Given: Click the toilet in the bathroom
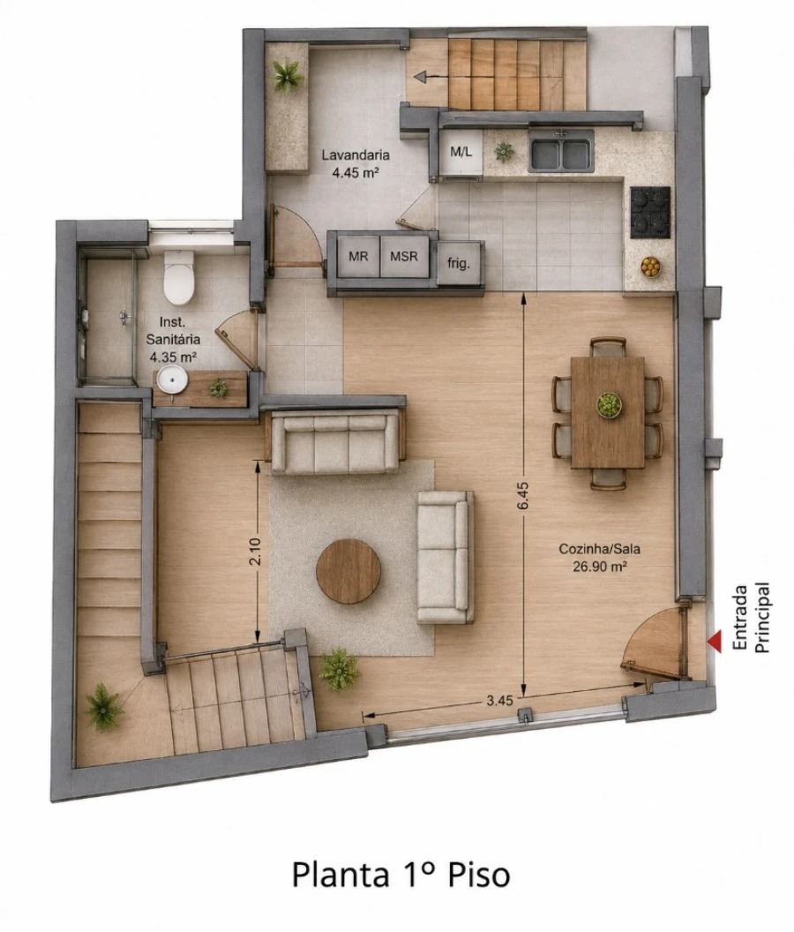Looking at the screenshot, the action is tap(179, 276).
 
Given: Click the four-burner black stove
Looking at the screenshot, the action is tap(650, 212).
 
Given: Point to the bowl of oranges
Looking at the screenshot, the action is tap(651, 267).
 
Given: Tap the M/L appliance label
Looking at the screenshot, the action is tap(461, 152).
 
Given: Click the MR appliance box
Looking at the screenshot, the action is tap(358, 256).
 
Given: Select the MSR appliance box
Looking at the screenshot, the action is tap(404, 256).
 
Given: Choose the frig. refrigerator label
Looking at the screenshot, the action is tap(459, 263).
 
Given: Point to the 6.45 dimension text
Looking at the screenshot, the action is tap(522, 495).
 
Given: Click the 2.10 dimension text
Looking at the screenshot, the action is tap(256, 551).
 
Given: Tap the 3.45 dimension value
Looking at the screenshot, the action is tap(499, 700).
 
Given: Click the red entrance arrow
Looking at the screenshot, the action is tap(715, 641).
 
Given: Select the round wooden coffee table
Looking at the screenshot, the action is tap(348, 571).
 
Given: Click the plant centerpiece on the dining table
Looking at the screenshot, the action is tap(609, 405).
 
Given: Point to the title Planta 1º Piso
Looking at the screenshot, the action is tap(401, 875).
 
